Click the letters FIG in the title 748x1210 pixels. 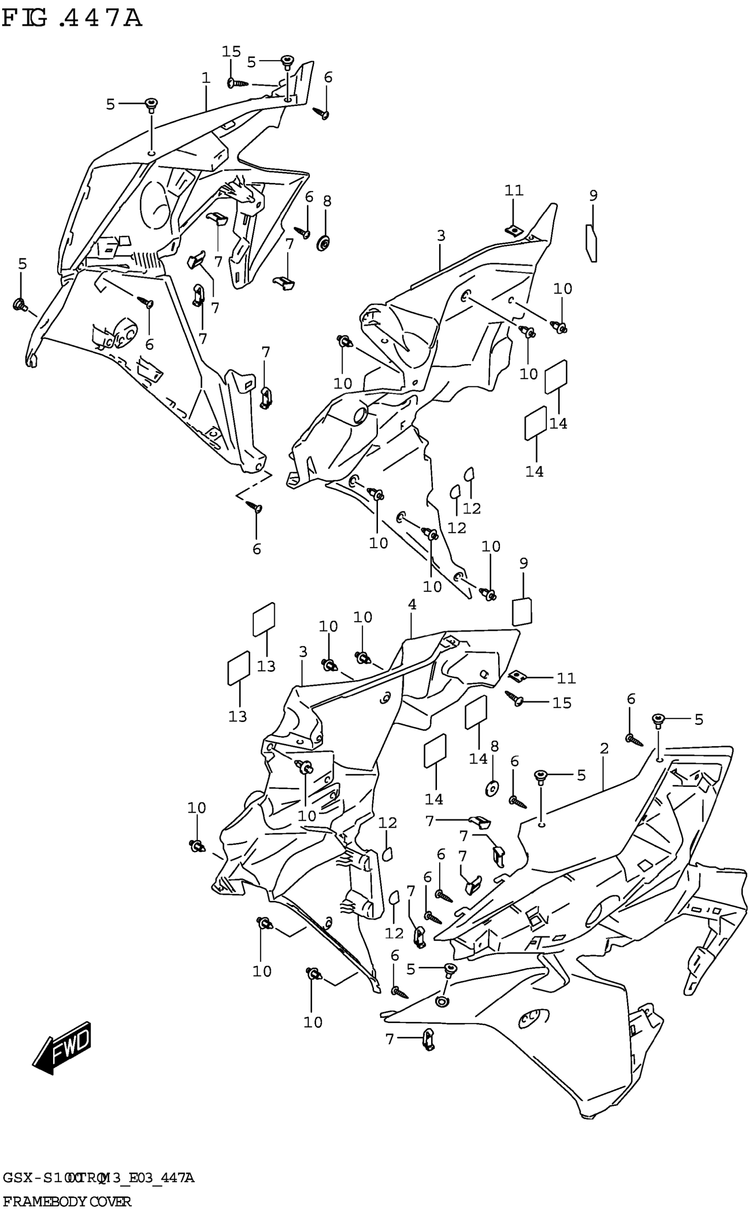25,19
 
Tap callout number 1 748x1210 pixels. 206,78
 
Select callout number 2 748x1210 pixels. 604,749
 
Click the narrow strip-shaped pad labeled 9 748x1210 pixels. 592,243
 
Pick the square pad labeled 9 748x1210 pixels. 522,612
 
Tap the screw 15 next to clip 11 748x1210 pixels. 514,698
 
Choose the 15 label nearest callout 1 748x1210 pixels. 231,51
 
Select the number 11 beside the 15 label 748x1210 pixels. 566,678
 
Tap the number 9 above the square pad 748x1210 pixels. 524,563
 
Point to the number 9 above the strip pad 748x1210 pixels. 593,195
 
